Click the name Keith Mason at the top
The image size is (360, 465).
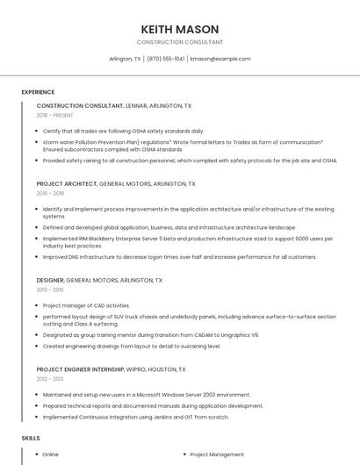point(180,29)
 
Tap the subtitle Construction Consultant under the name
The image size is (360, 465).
point(180,42)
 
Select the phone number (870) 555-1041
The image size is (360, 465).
point(166,59)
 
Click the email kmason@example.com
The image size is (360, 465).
point(220,59)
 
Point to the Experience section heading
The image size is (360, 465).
point(38,92)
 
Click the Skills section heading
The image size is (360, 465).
point(31,437)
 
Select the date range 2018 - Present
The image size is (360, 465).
point(54,115)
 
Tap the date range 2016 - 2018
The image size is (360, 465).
point(50,193)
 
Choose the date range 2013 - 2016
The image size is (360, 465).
point(50,289)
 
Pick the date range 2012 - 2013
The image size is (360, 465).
point(50,379)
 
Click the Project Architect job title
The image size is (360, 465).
point(67,184)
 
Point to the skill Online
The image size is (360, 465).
point(51,454)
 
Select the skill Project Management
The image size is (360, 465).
point(217,454)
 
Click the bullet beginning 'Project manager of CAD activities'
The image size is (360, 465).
point(86,305)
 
